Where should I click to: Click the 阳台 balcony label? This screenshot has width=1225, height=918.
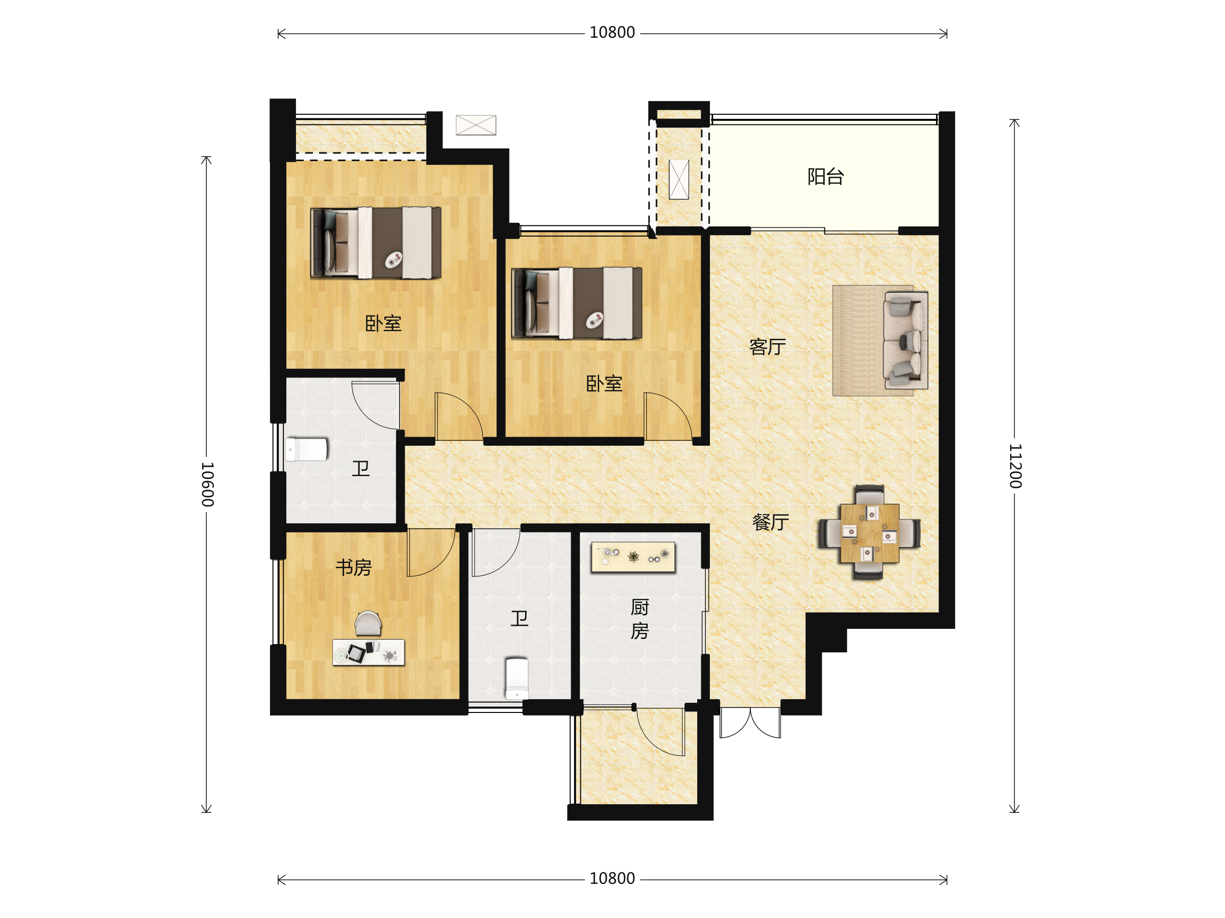825,177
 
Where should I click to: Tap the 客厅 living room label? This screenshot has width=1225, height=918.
768,347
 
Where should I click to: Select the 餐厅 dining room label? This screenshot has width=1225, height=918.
770,522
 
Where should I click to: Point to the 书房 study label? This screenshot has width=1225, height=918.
353,567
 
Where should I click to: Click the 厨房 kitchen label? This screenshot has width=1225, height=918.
640,619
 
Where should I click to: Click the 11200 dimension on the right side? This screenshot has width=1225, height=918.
1015,466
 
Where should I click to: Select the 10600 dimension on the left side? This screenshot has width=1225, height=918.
207,484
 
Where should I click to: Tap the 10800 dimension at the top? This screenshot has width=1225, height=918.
612,33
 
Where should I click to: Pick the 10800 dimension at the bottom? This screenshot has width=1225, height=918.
612,879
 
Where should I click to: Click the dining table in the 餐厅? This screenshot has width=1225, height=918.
869,533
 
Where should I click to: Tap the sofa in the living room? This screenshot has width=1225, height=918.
905,340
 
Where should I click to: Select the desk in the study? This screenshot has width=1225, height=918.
369,652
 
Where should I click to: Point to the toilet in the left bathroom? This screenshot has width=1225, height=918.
306,449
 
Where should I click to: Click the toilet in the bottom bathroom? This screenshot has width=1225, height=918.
517,678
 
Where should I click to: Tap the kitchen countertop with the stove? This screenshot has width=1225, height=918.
633,557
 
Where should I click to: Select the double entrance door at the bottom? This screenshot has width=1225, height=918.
750,723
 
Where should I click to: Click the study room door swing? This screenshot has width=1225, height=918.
431,552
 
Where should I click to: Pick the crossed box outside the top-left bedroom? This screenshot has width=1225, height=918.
476,125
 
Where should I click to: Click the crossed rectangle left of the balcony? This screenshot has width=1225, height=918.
679,180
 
